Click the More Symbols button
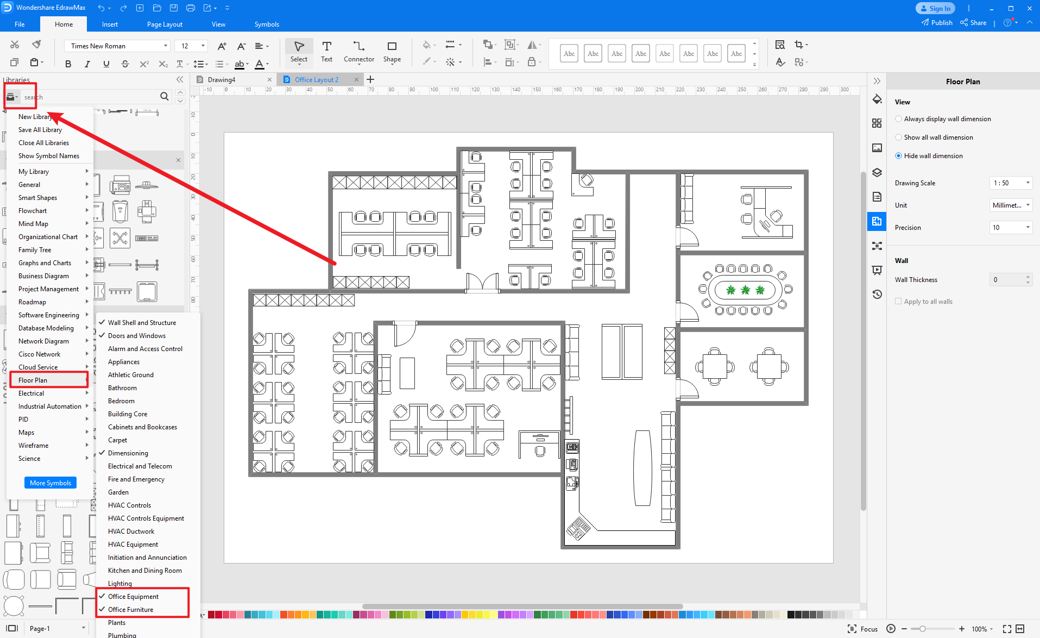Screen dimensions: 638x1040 click(51, 483)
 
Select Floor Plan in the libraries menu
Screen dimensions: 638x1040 click(33, 380)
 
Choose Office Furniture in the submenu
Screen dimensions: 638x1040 click(130, 609)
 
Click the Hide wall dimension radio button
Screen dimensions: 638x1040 click(899, 155)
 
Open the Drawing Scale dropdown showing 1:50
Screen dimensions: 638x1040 click(1011, 183)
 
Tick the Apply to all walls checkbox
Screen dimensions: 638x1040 click(898, 301)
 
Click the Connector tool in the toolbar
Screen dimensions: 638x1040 click(358, 52)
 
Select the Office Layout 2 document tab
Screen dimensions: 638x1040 click(317, 79)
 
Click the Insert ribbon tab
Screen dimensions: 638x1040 click(110, 24)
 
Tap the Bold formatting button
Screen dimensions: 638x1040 click(68, 64)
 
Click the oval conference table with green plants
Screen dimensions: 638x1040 click(746, 290)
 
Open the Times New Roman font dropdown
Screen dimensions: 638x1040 click(119, 46)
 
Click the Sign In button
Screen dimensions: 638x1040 click(935, 8)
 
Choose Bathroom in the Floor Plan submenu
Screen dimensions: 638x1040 click(122, 387)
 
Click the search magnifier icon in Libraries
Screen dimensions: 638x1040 click(164, 96)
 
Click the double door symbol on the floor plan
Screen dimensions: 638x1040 click(482, 282)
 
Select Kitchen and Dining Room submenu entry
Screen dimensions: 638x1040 click(144, 570)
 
